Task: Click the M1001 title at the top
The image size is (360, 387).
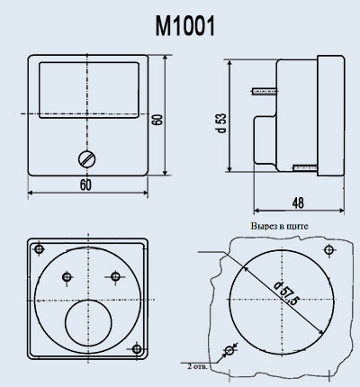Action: pyautogui.click(x=185, y=26)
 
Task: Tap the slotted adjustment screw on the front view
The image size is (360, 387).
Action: pyautogui.click(x=87, y=158)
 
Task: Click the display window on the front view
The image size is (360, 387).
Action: pyautogui.click(x=89, y=90)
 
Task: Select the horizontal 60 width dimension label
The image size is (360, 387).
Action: pyautogui.click(x=85, y=184)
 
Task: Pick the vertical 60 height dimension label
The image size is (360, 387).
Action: pyautogui.click(x=157, y=120)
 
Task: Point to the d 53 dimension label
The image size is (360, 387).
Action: pyautogui.click(x=221, y=123)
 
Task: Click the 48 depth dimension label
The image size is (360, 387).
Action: pyautogui.click(x=298, y=203)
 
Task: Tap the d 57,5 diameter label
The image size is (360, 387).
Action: pyautogui.click(x=286, y=292)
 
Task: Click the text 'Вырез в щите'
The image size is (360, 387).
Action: pyautogui.click(x=279, y=226)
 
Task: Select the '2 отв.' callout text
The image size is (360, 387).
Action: pyautogui.click(x=197, y=366)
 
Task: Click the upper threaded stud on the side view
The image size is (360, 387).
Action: pyautogui.click(x=264, y=91)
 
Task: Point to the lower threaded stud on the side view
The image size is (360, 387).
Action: pyautogui.click(x=305, y=167)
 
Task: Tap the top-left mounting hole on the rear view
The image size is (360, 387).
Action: pyautogui.click(x=39, y=249)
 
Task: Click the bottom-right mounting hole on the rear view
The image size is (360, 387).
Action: pyautogui.click(x=137, y=349)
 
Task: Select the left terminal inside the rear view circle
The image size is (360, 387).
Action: pyautogui.click(x=67, y=276)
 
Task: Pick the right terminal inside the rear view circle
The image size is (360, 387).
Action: pyautogui.click(x=115, y=276)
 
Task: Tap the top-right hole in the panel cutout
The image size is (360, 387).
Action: pyautogui.click(x=329, y=249)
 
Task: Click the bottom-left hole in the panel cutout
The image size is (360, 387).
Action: pyautogui.click(x=229, y=350)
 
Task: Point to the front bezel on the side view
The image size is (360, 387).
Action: pyautogui.click(x=331, y=115)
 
